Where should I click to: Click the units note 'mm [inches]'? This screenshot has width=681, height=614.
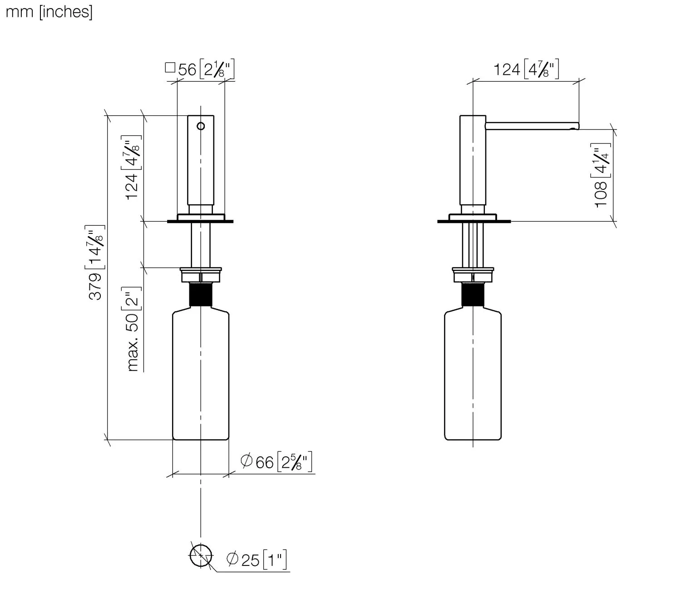click(x=49, y=12)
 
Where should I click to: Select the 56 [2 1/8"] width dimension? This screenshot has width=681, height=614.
click(x=200, y=69)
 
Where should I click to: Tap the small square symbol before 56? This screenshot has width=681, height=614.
click(x=170, y=68)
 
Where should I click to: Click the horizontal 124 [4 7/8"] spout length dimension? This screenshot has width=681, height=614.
click(x=526, y=69)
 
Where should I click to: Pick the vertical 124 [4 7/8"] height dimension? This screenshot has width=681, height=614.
click(x=131, y=168)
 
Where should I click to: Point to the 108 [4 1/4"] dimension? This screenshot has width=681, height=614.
click(x=601, y=175)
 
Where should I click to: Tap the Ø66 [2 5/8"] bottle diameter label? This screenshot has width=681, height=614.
click(x=276, y=461)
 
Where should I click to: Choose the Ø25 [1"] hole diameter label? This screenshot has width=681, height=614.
click(x=257, y=560)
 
